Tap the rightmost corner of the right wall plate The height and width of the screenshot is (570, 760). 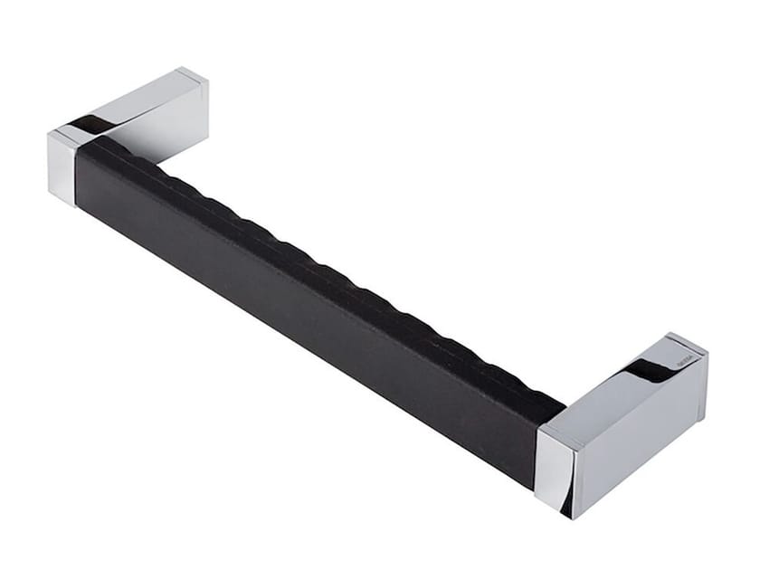[708, 353]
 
